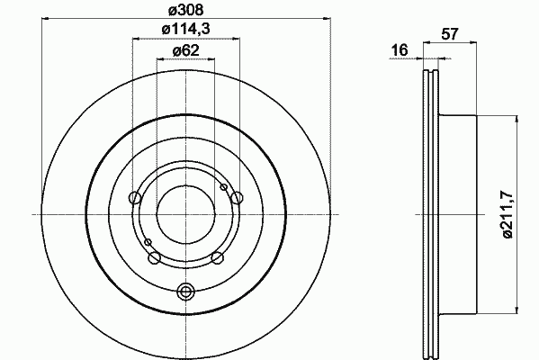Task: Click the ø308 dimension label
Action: point(185,10)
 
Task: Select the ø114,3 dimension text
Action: point(185,29)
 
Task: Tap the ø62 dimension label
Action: point(185,51)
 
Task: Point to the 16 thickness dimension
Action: point(400,50)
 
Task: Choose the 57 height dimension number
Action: point(450,34)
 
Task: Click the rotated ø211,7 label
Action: point(508,214)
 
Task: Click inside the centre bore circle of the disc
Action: point(185,214)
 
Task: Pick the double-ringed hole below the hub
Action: point(185,292)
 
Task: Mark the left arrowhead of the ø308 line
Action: point(44,18)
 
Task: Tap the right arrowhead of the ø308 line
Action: point(328,18)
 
